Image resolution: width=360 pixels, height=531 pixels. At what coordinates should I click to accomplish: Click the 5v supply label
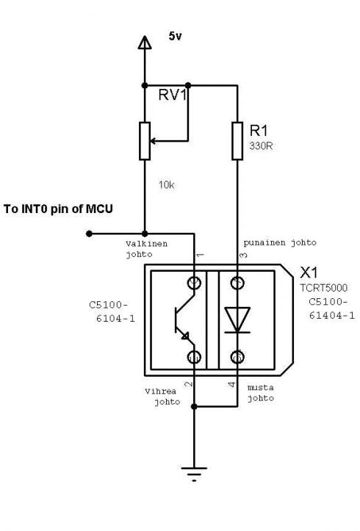point(175,35)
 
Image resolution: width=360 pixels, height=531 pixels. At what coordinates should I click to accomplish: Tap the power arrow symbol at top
point(144,46)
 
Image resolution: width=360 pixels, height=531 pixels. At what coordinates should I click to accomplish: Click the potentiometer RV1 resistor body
point(144,140)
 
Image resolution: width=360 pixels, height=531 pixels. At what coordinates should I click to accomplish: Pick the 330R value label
point(260,145)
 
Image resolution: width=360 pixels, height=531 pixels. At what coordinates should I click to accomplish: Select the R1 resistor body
point(237,141)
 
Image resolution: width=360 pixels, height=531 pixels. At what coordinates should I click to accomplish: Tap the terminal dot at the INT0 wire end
point(89,234)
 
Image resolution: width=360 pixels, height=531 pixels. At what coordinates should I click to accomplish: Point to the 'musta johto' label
point(261,393)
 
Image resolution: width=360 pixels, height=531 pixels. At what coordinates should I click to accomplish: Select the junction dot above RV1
point(144,84)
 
